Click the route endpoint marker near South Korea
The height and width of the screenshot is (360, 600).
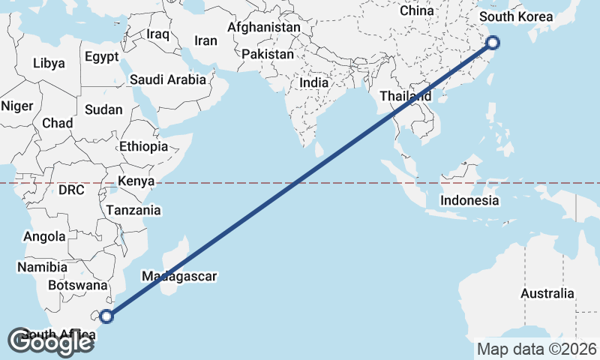[x=493, y=43]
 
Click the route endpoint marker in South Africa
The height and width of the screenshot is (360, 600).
[x=106, y=316]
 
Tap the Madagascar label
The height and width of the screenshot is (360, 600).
[x=179, y=276]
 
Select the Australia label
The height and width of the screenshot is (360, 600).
[x=547, y=293]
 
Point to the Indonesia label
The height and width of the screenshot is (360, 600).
[x=469, y=200]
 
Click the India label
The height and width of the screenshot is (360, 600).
[x=314, y=82]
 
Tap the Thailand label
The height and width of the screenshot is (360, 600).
[x=405, y=96]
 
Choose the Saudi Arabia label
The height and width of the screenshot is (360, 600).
[x=168, y=79]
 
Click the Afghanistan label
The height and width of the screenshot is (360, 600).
[x=263, y=27]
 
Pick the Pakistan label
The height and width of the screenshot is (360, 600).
[x=268, y=55]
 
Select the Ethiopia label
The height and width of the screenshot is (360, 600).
[x=143, y=146]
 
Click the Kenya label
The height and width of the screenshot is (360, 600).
[x=136, y=181]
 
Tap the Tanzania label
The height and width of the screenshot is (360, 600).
[x=133, y=210]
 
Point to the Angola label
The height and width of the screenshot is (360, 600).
[x=44, y=237]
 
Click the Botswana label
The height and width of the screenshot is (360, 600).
[x=77, y=285]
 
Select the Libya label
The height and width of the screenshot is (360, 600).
[x=49, y=64]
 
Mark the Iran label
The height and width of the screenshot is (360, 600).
[x=205, y=41]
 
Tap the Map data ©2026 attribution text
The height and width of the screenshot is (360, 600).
[x=537, y=349]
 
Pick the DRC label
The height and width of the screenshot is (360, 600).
[x=71, y=190]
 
